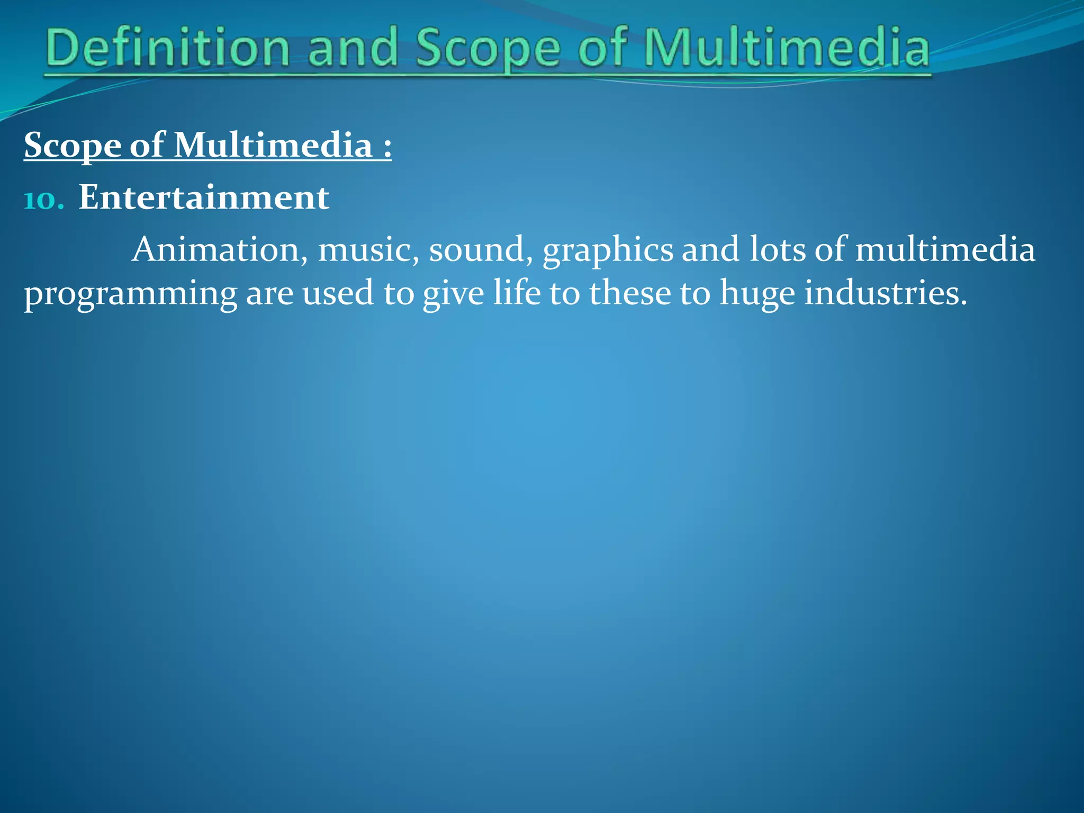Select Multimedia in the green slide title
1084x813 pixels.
click(787, 49)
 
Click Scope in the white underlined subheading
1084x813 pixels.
click(72, 146)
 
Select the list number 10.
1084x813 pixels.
click(44, 200)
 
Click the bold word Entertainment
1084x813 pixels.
click(204, 197)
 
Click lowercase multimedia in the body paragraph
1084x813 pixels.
click(945, 249)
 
